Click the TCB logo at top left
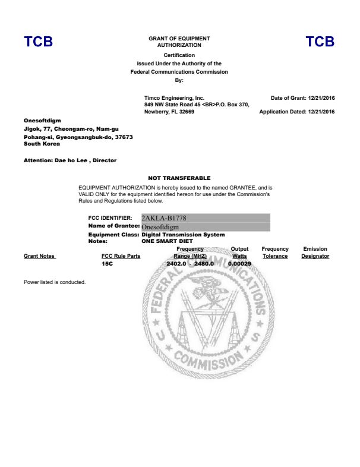tap(39, 42)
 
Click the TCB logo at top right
tap(320, 42)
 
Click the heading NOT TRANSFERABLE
tap(179, 178)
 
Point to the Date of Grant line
tap(302, 98)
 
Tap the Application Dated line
tap(297, 112)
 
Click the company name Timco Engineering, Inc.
tap(174, 97)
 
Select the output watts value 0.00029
tap(239, 263)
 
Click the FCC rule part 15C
tap(108, 263)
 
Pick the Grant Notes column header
tap(39, 256)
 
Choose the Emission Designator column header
tap(315, 253)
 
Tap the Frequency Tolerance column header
tap(275, 253)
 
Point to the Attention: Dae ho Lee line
tap(70, 160)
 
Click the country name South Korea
tap(42, 144)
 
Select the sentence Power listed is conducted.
tap(55, 282)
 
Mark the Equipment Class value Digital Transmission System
tap(183, 235)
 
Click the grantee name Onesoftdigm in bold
tap(42, 121)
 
